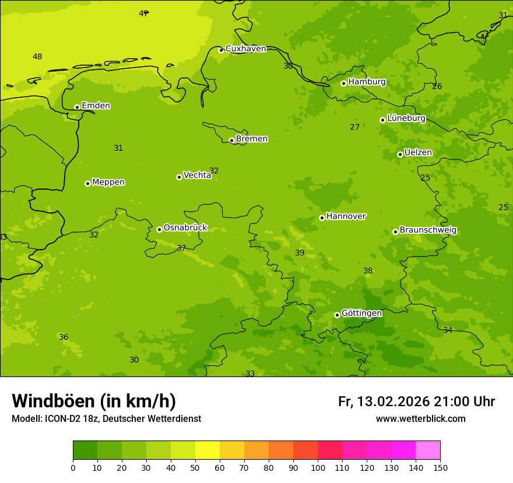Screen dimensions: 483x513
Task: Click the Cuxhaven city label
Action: (245, 49)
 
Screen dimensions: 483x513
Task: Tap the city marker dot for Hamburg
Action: (343, 83)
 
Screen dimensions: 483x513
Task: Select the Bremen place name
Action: (252, 139)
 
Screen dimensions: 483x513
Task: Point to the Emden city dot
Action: (77, 107)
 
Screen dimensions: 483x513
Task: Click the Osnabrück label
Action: (185, 228)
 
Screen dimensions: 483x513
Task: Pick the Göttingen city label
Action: (361, 314)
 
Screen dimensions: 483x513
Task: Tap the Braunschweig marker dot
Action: (395, 232)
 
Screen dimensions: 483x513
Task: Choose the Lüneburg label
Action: (406, 118)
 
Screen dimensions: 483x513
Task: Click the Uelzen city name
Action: (418, 153)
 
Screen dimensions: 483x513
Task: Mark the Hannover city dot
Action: (322, 218)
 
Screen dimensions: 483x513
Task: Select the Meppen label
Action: (108, 182)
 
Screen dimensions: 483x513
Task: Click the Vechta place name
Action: (197, 175)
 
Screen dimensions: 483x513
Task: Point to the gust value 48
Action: (37, 57)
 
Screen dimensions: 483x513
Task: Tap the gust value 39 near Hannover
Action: (300, 253)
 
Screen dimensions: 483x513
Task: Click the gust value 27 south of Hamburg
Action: (355, 127)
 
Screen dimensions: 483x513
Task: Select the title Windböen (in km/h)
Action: (94, 401)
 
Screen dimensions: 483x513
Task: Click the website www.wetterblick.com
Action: (420, 419)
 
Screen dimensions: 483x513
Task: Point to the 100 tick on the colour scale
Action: (318, 467)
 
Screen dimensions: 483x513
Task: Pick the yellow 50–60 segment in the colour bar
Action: (208, 450)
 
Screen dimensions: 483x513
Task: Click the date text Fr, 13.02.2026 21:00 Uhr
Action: (416, 402)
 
